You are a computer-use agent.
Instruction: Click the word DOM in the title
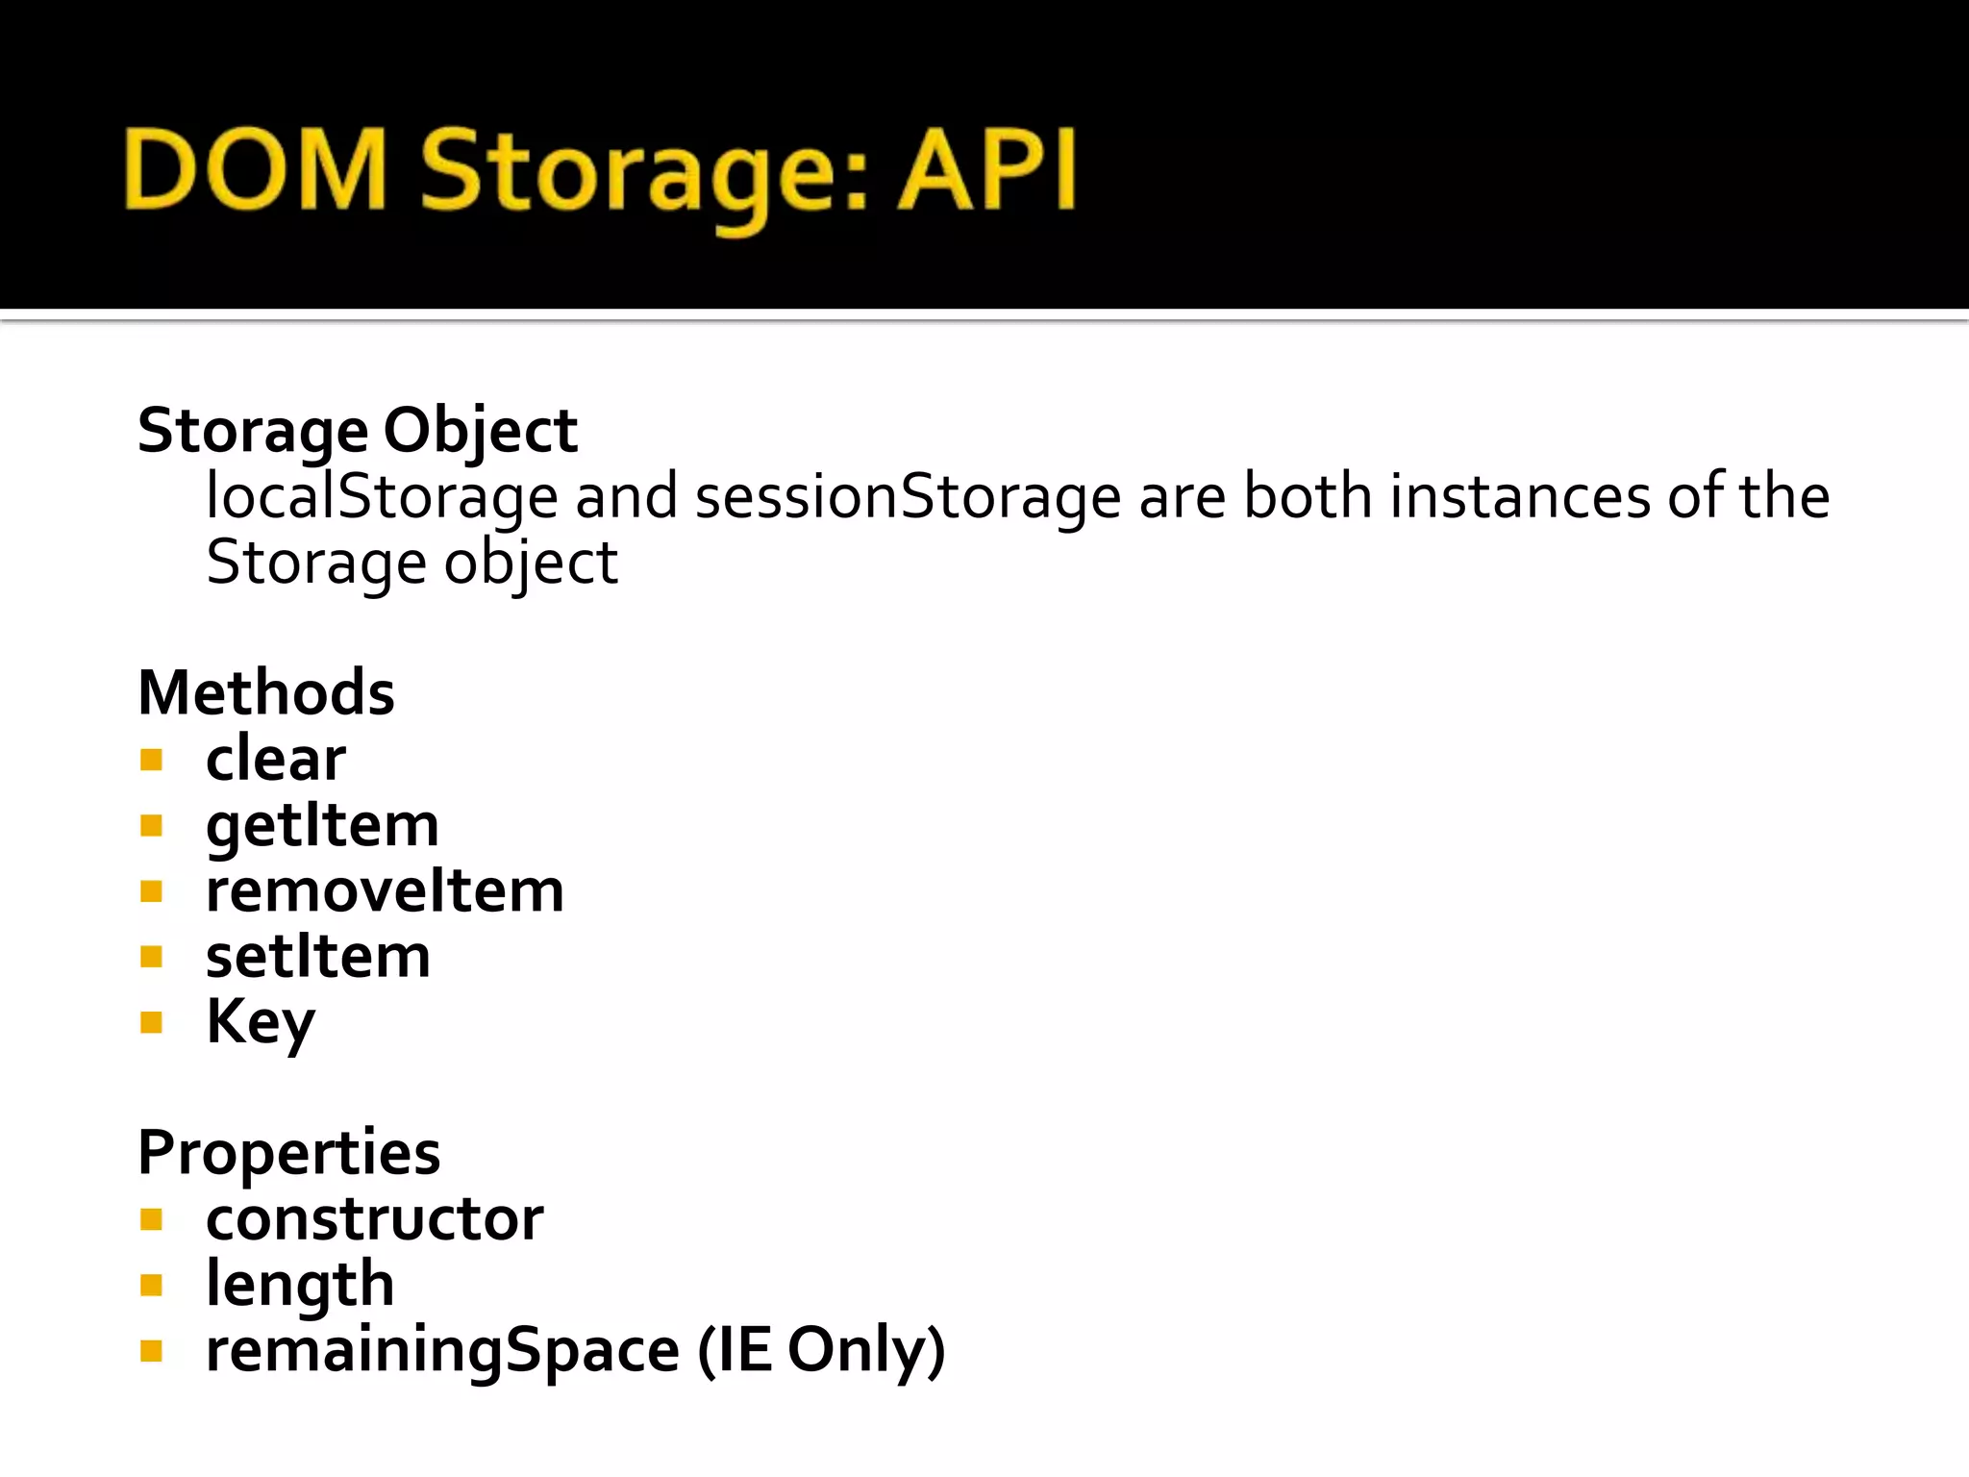255,170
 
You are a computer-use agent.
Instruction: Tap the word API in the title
986,170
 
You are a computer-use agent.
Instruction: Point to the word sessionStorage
907,497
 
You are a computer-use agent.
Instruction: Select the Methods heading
265,692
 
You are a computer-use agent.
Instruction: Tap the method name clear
275,759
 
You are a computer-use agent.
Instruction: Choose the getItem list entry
322,825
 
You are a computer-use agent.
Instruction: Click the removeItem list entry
385,890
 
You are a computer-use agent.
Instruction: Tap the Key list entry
260,1022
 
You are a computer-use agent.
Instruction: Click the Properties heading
288,1152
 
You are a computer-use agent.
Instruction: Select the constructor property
374,1219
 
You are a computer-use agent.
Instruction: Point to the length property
300,1285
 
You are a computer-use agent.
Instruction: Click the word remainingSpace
442,1350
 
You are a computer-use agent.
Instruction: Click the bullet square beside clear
151,761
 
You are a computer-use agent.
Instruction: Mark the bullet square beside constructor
151,1220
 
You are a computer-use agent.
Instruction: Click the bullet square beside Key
151,1022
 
